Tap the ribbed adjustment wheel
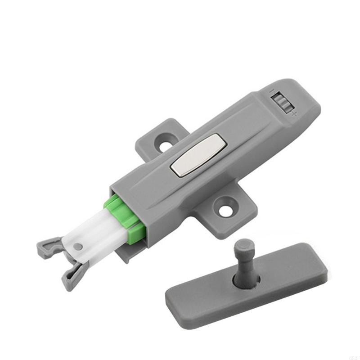coord(282,102)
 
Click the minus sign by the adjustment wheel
coord(271,91)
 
